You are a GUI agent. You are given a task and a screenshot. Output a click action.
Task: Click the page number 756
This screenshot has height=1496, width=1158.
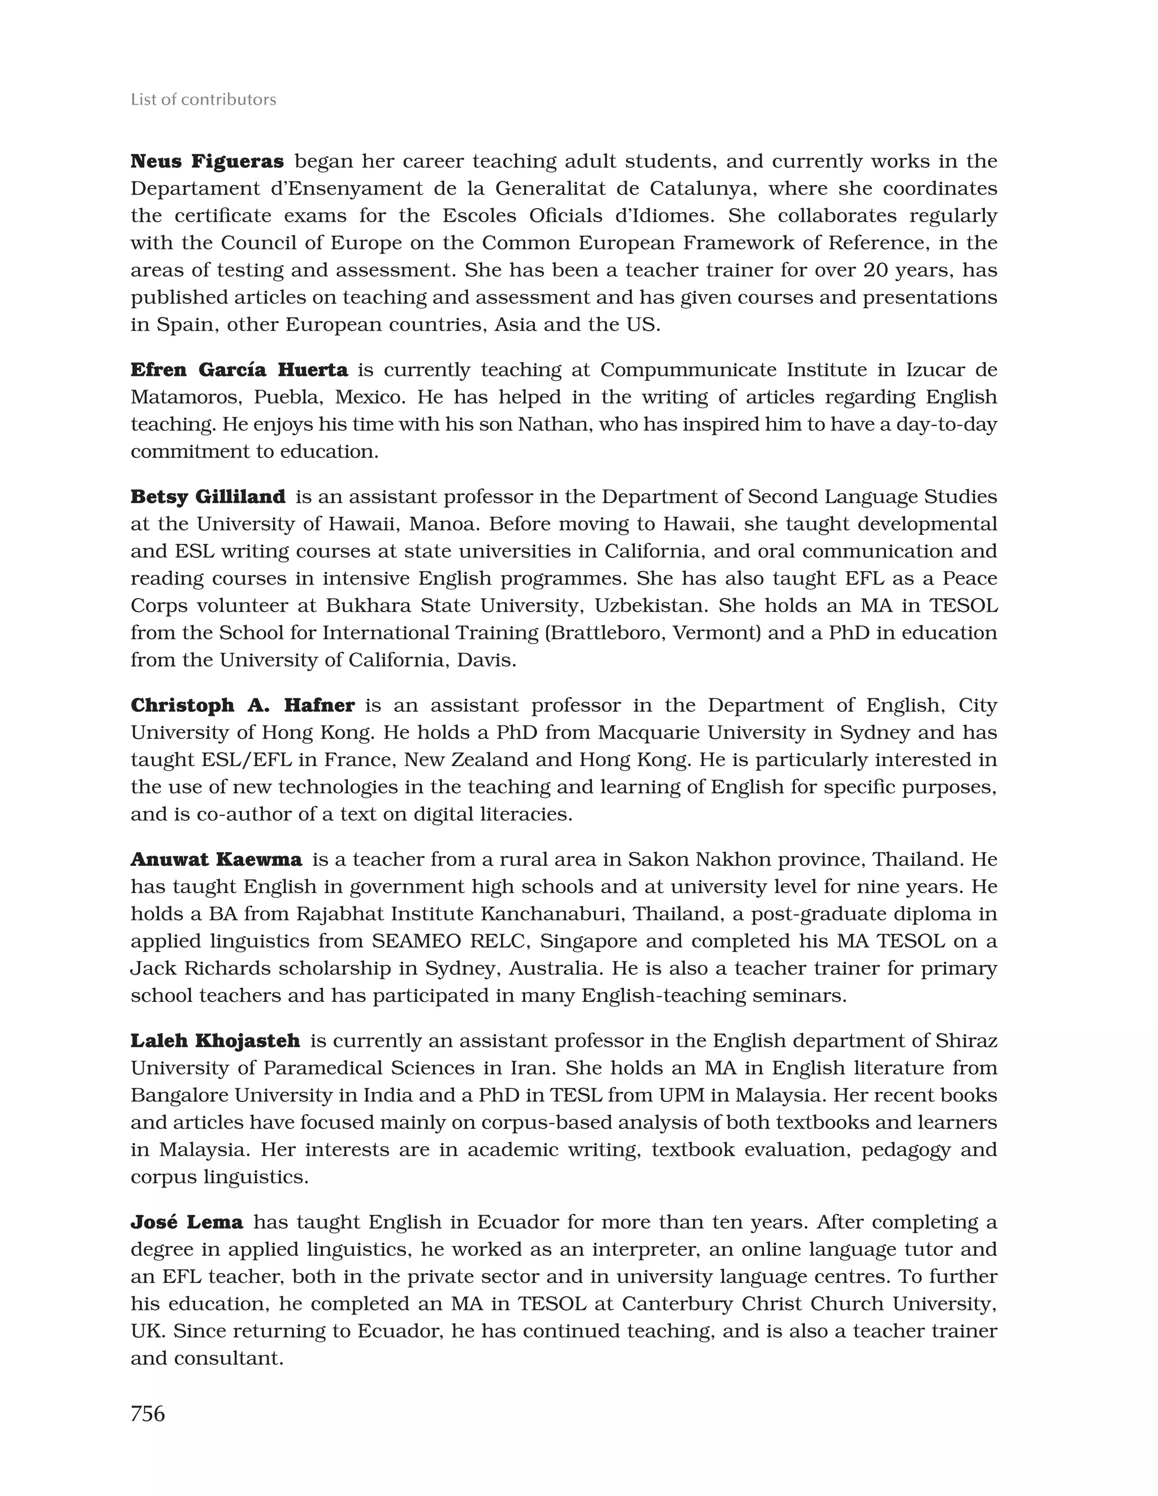[148, 1413]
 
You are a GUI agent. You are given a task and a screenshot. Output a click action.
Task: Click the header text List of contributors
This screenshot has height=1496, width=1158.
[203, 100]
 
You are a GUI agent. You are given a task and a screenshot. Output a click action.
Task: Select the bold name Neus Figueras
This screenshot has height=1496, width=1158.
[206, 161]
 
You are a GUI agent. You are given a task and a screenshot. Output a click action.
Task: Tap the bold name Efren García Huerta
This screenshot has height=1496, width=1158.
[239, 370]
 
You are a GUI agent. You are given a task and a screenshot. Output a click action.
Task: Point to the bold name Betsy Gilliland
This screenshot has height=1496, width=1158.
[208, 496]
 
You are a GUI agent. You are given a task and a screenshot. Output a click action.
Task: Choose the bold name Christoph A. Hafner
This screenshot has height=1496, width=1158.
[243, 705]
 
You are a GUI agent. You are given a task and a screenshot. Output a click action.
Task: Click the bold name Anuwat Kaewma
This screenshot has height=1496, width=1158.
[216, 859]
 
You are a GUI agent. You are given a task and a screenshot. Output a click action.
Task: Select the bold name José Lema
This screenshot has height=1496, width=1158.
[187, 1222]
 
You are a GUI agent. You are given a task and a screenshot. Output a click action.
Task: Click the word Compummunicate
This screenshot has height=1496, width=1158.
[688, 370]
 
